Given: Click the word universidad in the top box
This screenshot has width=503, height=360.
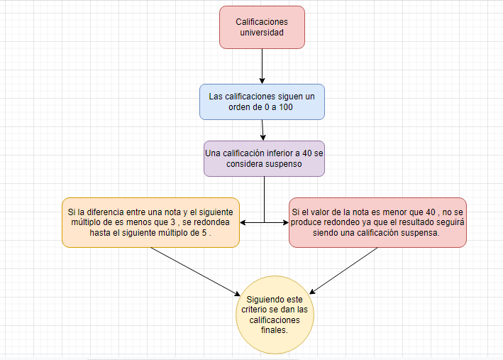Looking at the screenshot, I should point(262,33).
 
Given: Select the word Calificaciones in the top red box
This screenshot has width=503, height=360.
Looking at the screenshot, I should point(262,22).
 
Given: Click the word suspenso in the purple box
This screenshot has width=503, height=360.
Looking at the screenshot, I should point(284,163).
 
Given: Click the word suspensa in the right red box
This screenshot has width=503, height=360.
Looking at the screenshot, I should point(420,232).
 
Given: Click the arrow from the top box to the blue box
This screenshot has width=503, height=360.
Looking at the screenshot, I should point(262,67).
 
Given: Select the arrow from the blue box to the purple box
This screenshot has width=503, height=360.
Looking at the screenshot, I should point(262,129).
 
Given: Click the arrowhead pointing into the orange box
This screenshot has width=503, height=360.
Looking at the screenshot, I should point(243,222).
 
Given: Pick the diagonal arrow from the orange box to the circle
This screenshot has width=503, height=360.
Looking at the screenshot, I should point(192,271).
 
